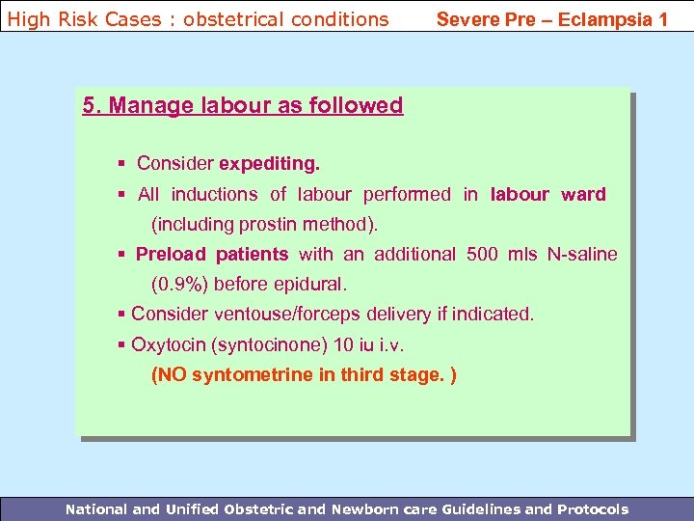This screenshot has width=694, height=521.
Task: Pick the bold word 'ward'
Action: [584, 194]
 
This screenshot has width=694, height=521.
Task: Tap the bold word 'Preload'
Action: [171, 255]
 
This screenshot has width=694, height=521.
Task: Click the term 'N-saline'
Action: [579, 255]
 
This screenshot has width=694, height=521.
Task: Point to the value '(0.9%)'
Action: [181, 285]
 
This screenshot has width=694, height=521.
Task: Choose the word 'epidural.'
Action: [310, 285]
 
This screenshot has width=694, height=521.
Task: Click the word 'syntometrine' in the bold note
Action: [252, 374]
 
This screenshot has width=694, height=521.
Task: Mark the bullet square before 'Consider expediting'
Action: [120, 164]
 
